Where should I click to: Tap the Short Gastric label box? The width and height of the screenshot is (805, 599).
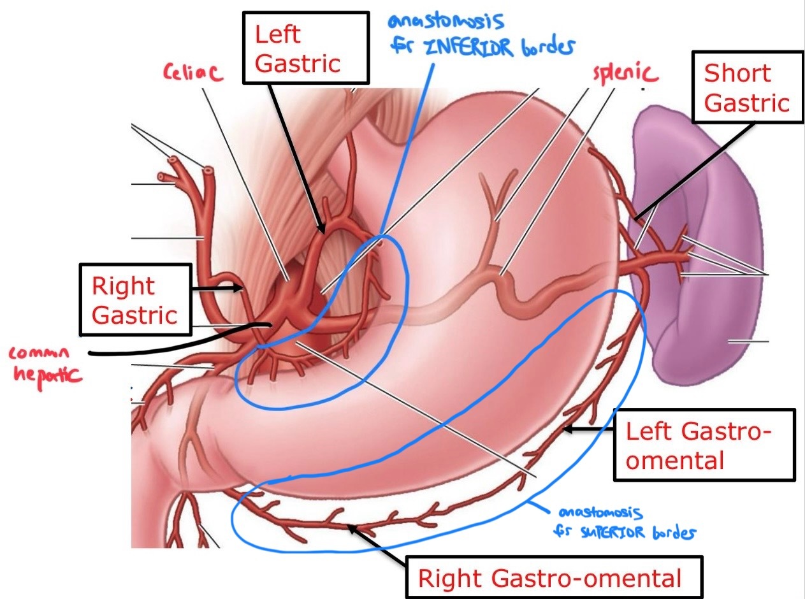(x=746, y=88)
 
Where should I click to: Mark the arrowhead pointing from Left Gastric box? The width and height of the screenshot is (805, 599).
(x=321, y=226)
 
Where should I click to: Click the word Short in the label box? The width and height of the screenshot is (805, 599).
(x=737, y=73)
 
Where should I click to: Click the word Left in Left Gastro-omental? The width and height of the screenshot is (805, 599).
(x=649, y=431)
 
